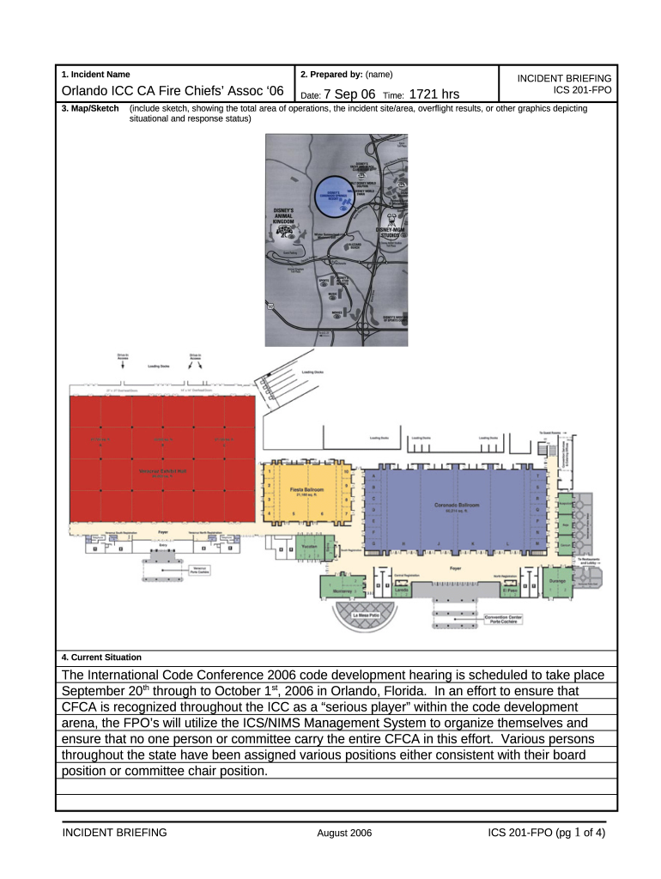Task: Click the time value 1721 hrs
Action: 434,94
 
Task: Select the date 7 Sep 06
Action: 349,94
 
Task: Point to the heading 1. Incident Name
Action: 95,75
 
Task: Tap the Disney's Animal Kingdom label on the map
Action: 283,215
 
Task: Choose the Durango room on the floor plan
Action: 557,581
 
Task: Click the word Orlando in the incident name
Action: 90,94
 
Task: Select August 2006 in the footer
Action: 344,833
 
